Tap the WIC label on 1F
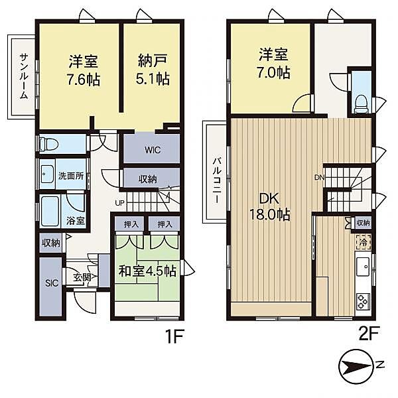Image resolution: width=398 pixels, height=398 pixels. pos(153,150)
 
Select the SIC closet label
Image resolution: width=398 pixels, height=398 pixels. pos(52,283)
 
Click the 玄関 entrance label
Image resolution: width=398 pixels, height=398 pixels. pos(82,277)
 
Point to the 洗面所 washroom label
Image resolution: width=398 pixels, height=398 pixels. pos(71,176)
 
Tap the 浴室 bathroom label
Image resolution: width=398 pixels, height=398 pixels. pos(76,220)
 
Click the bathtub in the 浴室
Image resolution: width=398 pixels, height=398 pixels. pos(50,212)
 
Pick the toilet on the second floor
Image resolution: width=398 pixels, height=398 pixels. pos(361,104)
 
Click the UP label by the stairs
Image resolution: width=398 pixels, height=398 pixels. pos(120,203)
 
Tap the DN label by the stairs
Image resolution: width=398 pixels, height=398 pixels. pos(320,177)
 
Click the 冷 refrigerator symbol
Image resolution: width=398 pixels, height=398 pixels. pos(364,242)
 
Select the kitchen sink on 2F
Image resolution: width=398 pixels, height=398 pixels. pos(364,267)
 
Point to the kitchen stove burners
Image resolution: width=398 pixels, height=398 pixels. pos(364,302)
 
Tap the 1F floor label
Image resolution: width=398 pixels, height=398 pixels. pos(174,336)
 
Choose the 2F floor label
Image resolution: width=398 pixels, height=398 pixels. pos(369,334)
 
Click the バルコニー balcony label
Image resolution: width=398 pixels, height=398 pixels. pos(216,180)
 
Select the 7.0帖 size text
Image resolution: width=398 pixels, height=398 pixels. pos(273,74)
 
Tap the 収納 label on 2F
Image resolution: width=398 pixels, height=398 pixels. pos(363,223)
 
